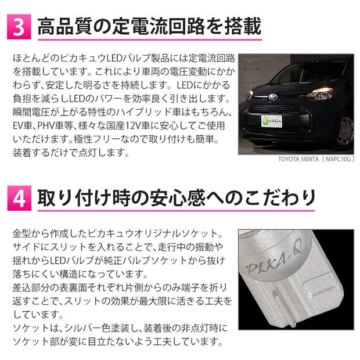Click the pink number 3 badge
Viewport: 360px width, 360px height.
point(19,27)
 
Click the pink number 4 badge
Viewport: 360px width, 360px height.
point(19,198)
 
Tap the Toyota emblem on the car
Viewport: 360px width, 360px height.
point(273,96)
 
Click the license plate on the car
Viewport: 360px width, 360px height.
point(272,121)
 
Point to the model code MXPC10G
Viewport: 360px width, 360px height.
point(338,159)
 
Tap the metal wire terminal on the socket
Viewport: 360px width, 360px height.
point(283,307)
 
